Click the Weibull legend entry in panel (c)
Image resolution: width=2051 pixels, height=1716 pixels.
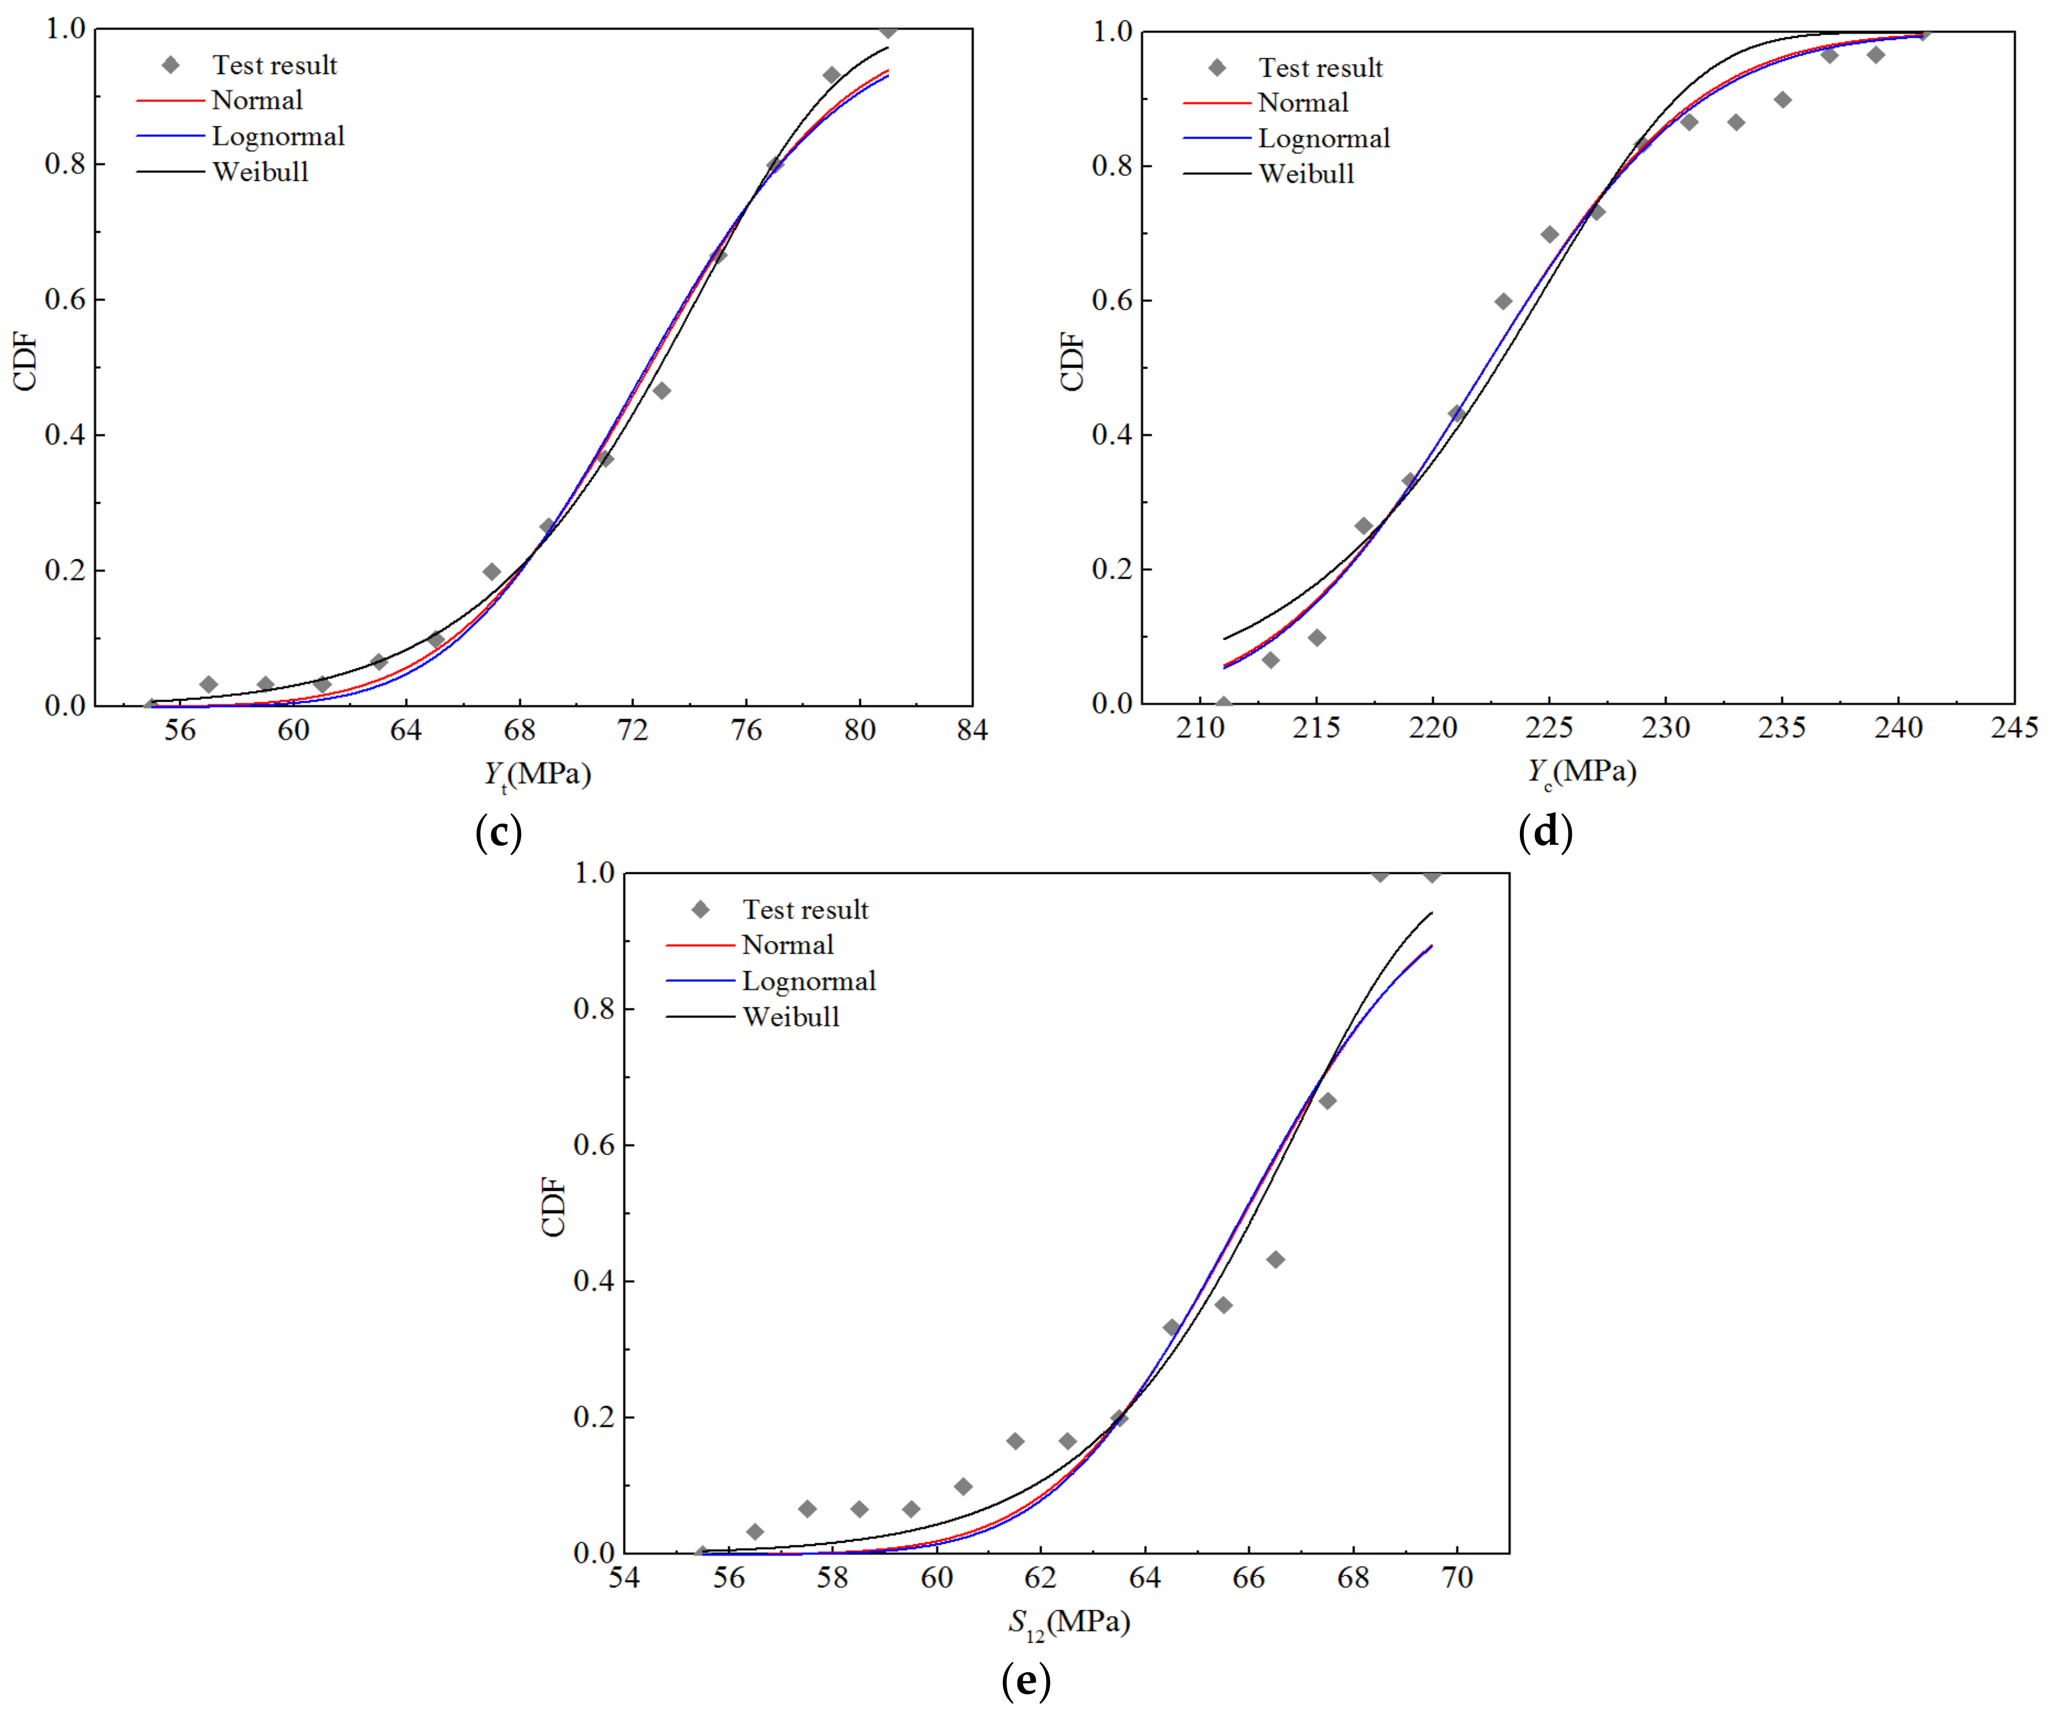(x=260, y=172)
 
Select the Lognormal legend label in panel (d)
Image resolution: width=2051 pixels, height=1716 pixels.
(x=1323, y=139)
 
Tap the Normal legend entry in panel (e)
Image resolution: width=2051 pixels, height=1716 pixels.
(x=787, y=945)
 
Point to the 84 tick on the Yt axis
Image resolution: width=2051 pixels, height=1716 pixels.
(x=972, y=730)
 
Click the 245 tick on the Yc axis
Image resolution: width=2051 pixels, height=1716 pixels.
(x=2014, y=728)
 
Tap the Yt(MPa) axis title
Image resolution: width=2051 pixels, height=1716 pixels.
(x=537, y=775)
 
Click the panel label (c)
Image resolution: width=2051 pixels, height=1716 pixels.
(x=498, y=832)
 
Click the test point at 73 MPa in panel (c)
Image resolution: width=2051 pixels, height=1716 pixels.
(x=661, y=391)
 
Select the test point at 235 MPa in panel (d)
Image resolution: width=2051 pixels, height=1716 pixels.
(x=1782, y=100)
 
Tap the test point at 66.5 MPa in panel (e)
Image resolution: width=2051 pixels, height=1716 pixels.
(x=1275, y=1260)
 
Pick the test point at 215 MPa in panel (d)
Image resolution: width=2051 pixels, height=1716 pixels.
(x=1316, y=637)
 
